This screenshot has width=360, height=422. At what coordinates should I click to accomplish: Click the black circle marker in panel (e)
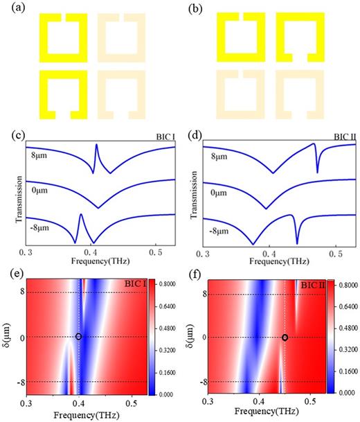pos(79,337)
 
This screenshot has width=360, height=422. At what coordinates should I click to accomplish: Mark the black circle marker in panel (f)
pos(285,337)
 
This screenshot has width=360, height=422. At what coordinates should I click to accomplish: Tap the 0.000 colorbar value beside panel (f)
pos(348,392)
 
